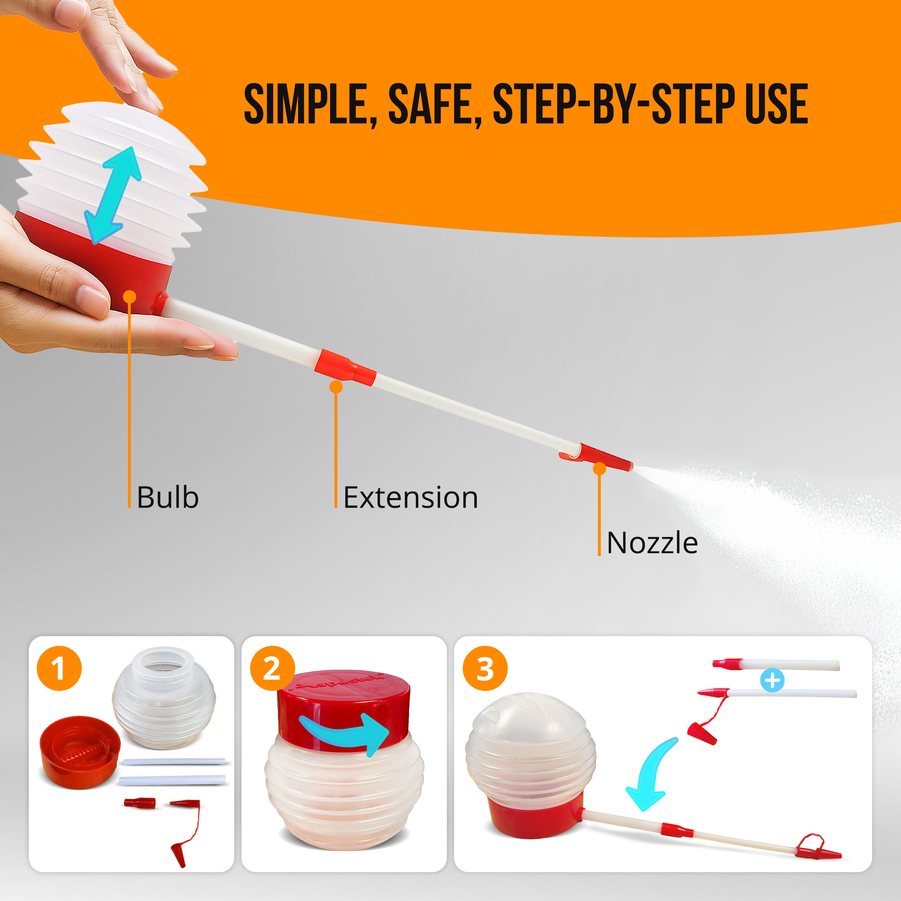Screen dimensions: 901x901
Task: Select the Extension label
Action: [410, 498]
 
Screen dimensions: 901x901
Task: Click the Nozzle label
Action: [652, 543]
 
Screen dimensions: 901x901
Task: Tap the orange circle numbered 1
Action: [59, 668]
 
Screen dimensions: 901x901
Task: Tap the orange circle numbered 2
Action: [272, 668]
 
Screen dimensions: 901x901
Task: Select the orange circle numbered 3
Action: [485, 668]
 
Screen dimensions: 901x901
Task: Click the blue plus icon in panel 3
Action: [772, 680]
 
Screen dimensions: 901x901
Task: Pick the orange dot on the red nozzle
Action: [599, 469]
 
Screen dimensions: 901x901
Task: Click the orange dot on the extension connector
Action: [336, 387]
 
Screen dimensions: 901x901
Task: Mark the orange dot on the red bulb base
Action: [130, 297]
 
